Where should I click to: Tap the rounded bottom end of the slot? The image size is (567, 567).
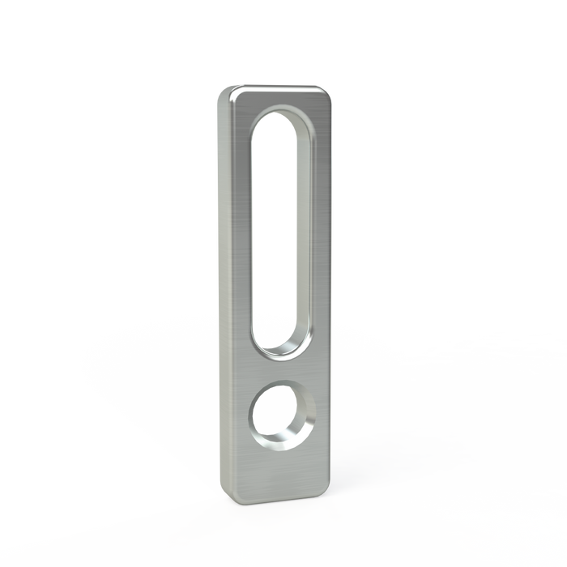275,344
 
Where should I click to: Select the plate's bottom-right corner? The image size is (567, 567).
325,492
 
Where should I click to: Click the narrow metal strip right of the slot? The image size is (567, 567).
318,235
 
